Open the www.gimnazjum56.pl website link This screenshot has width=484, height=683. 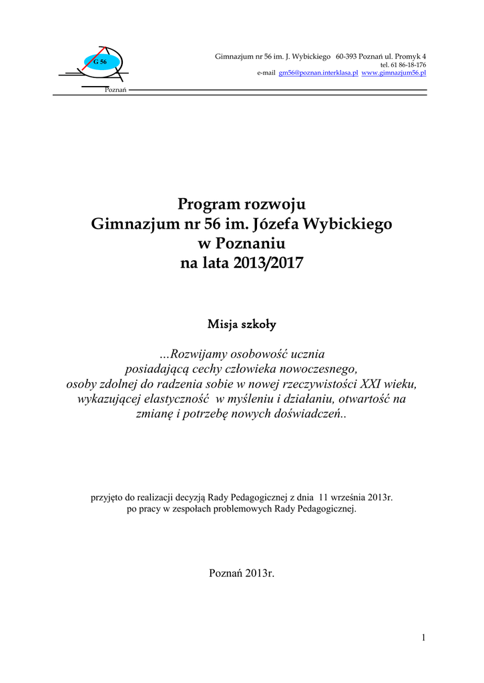click(x=394, y=73)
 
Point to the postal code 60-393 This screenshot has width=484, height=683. click(x=350, y=56)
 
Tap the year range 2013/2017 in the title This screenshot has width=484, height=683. click(x=268, y=263)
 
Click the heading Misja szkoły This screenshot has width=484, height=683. click(x=242, y=325)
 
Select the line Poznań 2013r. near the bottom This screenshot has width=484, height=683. click(x=242, y=574)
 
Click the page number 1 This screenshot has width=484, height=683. click(x=423, y=638)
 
